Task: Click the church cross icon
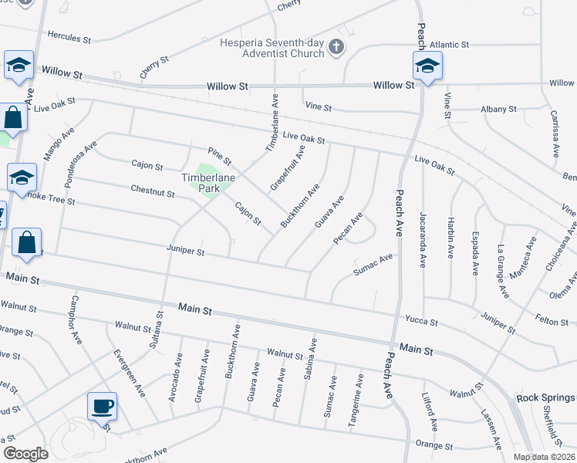point(336,48)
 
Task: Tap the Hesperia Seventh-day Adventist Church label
point(275,48)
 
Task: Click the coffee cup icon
point(103,405)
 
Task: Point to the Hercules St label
point(69,35)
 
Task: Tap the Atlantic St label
point(449,45)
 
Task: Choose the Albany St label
point(498,110)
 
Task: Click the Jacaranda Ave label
point(423,239)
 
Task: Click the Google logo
point(25,453)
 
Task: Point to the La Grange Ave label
point(503,272)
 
